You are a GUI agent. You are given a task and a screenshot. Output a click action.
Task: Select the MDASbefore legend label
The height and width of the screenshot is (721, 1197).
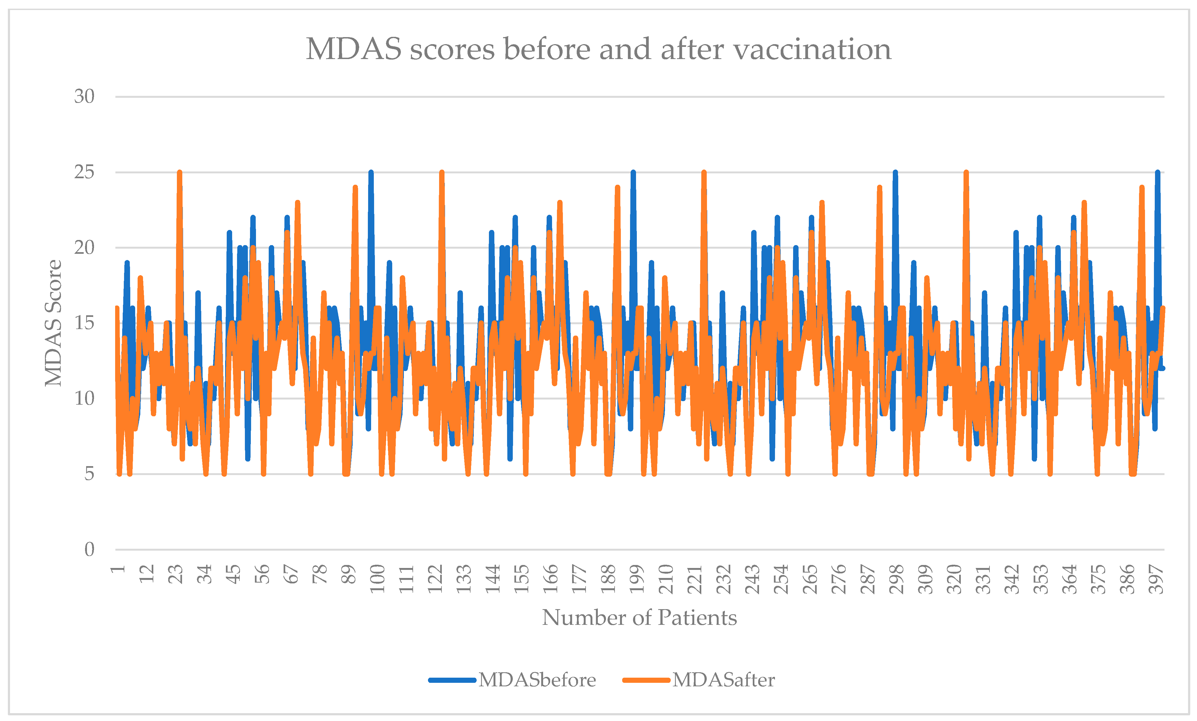tap(537, 680)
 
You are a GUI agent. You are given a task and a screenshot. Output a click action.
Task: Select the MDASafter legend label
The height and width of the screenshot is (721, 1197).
tap(723, 680)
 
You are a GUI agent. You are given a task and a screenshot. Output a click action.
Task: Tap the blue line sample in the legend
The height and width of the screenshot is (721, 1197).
tap(452, 680)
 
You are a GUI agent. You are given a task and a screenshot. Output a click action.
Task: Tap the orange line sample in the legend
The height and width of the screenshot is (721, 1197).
tap(646, 680)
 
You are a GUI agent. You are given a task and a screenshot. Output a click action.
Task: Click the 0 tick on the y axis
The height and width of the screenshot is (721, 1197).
tap(89, 550)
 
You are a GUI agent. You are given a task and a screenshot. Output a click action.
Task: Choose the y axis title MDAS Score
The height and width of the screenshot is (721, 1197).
tap(53, 323)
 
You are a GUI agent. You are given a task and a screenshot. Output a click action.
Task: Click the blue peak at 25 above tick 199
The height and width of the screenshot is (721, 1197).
tap(633, 173)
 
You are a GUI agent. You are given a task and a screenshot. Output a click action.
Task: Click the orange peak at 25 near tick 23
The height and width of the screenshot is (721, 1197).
tap(180, 173)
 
